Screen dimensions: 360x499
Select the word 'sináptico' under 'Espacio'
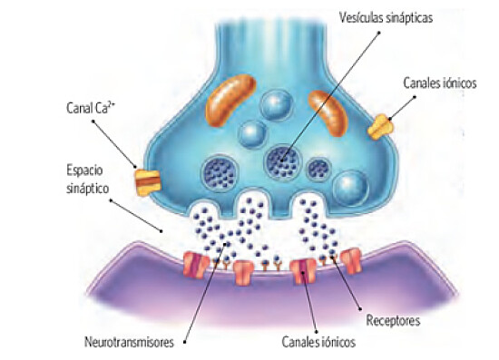(x=87, y=186)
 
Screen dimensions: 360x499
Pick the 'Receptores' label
(x=393, y=319)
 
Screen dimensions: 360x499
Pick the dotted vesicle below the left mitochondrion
(x=220, y=170)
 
